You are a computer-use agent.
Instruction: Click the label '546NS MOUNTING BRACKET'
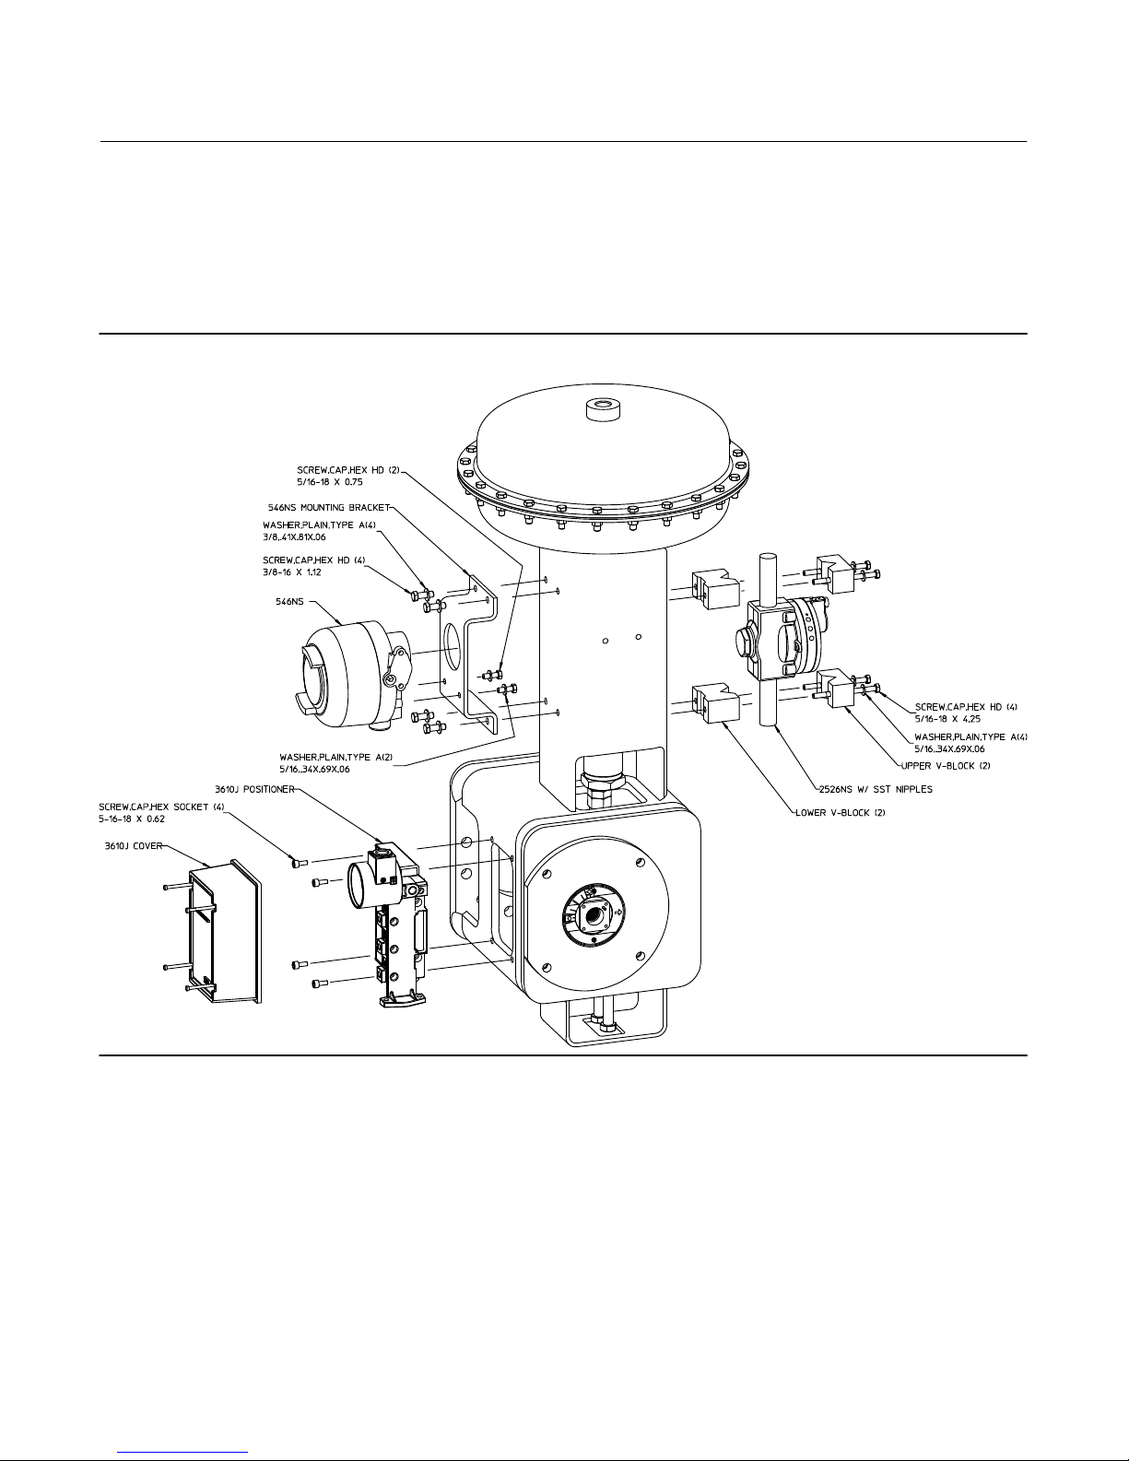pos(329,508)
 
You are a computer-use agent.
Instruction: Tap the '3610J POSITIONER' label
pos(254,789)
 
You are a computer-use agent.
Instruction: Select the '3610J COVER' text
pos(134,846)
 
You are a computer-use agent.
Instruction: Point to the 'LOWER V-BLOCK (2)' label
pos(840,813)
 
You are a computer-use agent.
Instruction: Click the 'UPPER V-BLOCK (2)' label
pos(946,766)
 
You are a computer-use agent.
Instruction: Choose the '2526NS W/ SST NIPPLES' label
pos(876,789)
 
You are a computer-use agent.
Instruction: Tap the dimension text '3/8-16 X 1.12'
pos(291,572)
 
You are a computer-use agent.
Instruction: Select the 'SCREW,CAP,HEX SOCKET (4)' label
pos(162,807)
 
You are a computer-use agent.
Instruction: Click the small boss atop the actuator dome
pos(602,409)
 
